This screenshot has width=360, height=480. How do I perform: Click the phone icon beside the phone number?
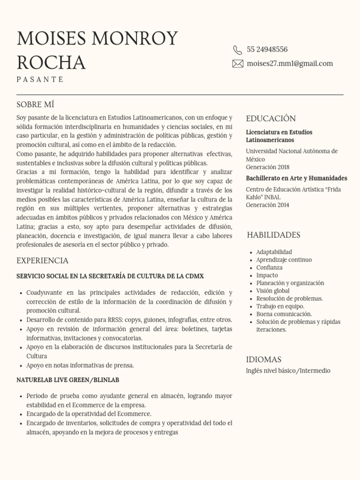coord(238,50)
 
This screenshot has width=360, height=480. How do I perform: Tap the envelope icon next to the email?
coord(238,64)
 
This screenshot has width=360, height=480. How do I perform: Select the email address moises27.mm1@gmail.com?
coord(290,64)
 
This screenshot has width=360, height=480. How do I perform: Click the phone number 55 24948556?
coord(267,50)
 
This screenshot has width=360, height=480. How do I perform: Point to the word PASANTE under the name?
coord(40,79)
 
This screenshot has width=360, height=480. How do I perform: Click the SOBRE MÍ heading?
coord(36,105)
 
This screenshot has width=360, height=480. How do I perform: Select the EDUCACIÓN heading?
coord(271,119)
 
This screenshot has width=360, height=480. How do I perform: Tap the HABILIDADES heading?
coord(273,235)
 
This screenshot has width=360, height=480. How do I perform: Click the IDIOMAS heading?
coord(263,360)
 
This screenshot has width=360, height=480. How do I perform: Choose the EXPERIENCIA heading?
coord(42,261)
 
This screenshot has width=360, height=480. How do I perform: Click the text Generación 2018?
coord(268,167)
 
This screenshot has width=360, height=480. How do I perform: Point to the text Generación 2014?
coord(268,205)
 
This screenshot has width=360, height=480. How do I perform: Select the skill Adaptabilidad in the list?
coord(274,252)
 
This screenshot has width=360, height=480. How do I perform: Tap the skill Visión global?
coord(273,291)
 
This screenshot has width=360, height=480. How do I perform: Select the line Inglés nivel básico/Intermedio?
coord(288,371)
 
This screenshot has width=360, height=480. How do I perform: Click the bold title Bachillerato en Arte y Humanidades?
coord(296,178)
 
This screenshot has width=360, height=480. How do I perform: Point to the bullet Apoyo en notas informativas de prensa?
coord(80,365)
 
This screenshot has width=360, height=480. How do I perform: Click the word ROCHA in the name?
coord(51,62)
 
